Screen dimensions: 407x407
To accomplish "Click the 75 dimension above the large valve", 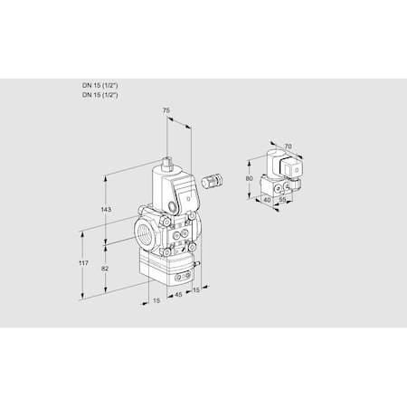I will click(165, 111).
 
